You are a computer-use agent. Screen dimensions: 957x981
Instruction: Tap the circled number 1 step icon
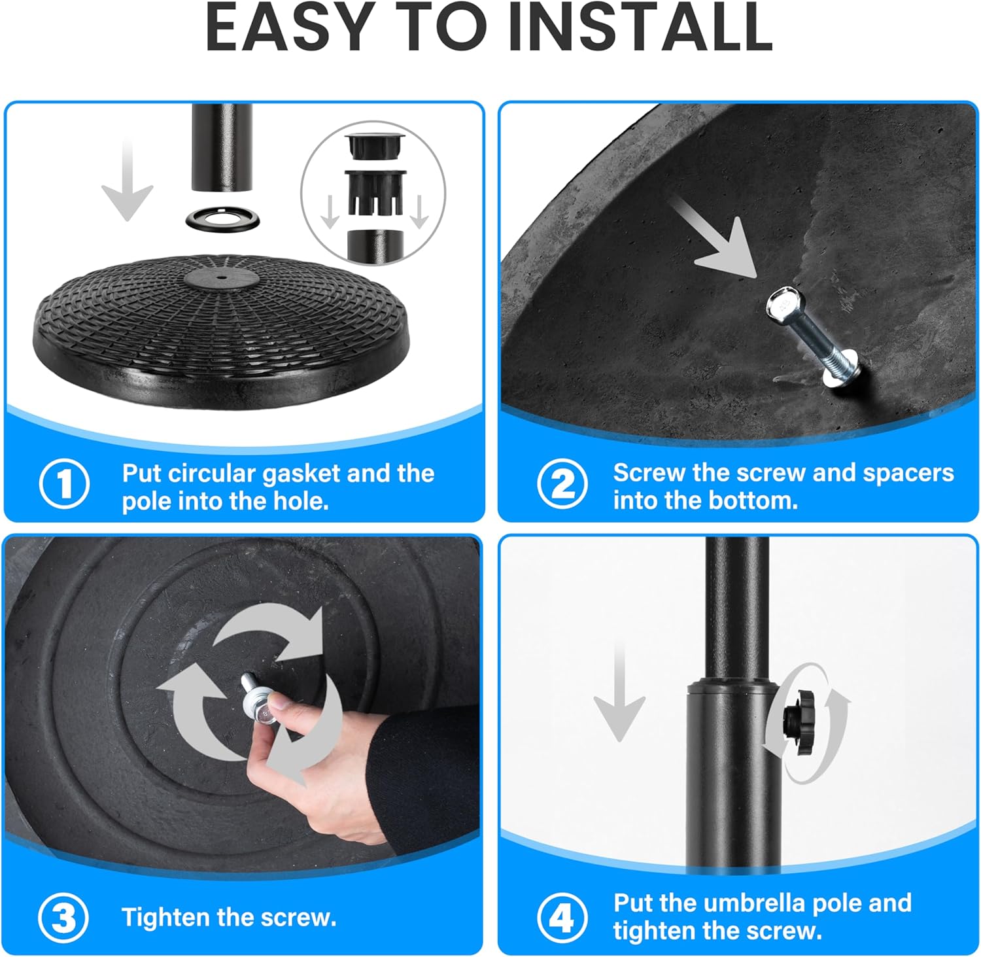click(x=64, y=484)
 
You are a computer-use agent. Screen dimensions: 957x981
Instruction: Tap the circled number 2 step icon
click(x=562, y=484)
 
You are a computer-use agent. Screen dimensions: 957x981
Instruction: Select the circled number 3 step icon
click(x=63, y=917)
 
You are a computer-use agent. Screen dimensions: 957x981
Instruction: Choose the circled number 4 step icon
click(x=562, y=917)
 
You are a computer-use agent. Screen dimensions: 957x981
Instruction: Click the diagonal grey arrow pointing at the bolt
click(x=716, y=242)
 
